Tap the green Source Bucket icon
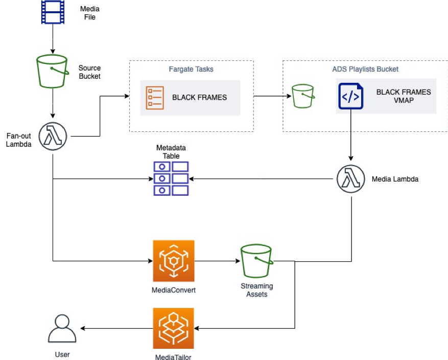click(53, 72)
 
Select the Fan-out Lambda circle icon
click(53, 137)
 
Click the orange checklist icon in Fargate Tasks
click(155, 97)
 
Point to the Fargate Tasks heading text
click(191, 69)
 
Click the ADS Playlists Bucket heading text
click(365, 69)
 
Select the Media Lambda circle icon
click(351, 179)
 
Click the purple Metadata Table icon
click(171, 178)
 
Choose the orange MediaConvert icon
click(173, 261)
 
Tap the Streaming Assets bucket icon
click(256, 261)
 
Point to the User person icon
click(62, 329)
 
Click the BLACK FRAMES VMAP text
click(403, 96)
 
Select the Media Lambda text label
click(394, 179)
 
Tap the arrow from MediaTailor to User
click(117, 328)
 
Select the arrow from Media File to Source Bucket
click(53, 39)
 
